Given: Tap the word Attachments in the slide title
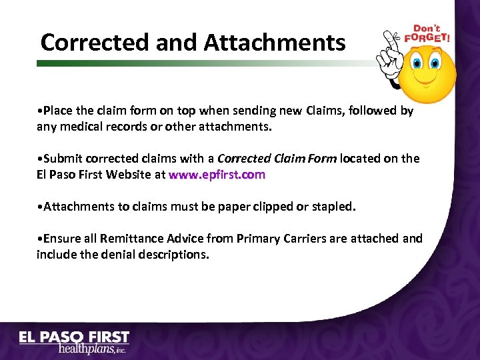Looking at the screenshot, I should tap(275, 43).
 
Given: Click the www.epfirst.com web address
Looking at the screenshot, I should tap(217, 175).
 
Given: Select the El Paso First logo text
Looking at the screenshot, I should tap(74, 337).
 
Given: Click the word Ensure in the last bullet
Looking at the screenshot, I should tap(61, 238).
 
